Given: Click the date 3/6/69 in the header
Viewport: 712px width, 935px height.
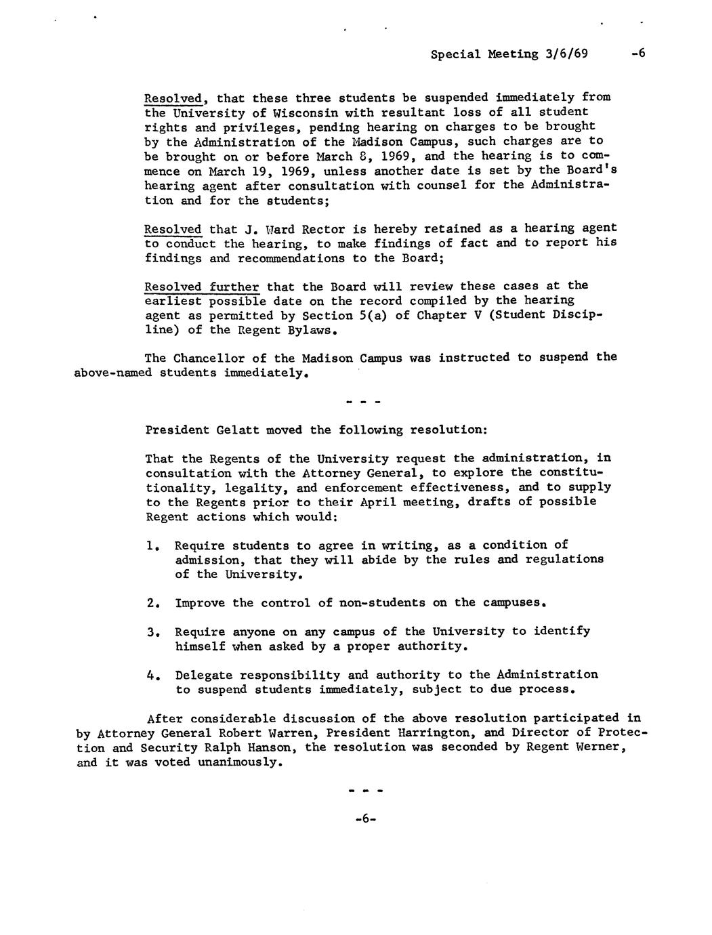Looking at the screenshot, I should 566,54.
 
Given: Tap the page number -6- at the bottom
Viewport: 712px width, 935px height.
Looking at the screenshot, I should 364,818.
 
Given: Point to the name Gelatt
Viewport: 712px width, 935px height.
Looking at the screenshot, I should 236,430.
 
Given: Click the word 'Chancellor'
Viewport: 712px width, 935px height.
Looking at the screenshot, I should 209,358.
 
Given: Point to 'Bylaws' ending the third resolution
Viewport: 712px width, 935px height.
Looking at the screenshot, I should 312,331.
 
